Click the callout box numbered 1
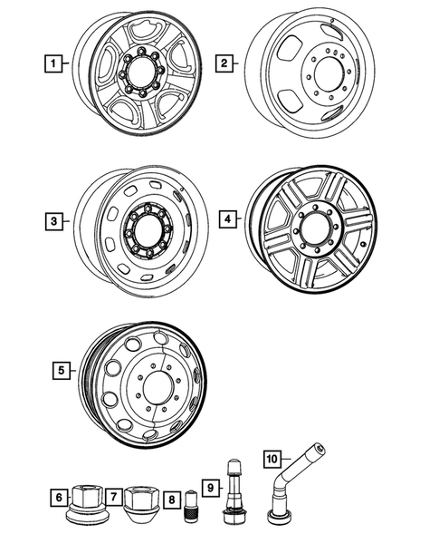point(56,63)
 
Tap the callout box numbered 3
point(56,220)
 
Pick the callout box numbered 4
point(227,220)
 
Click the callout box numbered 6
point(58,497)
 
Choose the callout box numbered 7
point(114,497)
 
